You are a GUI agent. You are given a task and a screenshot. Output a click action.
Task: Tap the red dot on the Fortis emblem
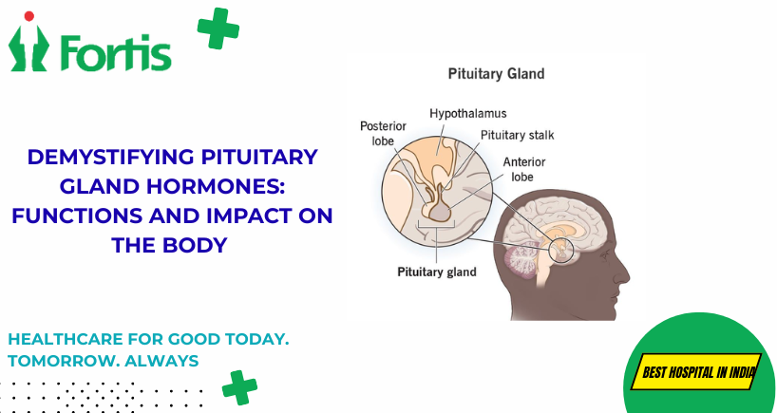click(x=29, y=16)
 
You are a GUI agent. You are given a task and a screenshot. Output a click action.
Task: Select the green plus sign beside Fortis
click(x=218, y=28)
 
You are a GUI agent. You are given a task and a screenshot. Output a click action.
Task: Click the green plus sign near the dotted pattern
click(x=239, y=387)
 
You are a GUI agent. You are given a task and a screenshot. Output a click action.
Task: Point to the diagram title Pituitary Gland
click(x=496, y=74)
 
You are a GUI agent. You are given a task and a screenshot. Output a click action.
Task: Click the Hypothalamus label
click(x=467, y=113)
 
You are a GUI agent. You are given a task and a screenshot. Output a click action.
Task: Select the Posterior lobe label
click(x=383, y=133)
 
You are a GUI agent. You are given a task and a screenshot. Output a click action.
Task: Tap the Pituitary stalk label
click(x=518, y=134)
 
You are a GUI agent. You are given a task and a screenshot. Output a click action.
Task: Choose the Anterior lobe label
click(x=523, y=169)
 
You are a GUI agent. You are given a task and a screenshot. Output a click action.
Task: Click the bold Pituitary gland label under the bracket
click(x=437, y=272)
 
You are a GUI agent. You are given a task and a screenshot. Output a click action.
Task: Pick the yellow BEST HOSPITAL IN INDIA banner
click(x=695, y=371)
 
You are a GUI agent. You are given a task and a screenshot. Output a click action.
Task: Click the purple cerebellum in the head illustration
click(x=522, y=260)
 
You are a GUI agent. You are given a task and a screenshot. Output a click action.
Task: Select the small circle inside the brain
click(x=561, y=250)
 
